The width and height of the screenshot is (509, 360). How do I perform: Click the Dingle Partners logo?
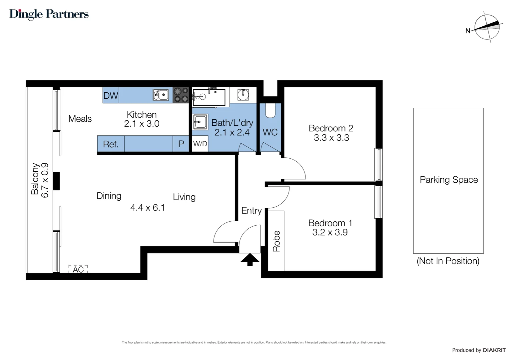click(x=49, y=14)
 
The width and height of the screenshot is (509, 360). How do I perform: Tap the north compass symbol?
click(x=487, y=27)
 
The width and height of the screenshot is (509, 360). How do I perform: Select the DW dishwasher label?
click(x=111, y=96)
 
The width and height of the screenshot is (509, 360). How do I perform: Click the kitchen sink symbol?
click(x=161, y=95)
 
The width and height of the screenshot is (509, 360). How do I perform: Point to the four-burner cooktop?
click(x=181, y=95)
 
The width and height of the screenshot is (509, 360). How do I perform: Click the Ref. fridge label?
click(x=111, y=144)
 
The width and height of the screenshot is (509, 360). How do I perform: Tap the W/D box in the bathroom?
click(x=200, y=144)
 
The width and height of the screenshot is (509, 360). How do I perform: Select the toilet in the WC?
click(x=270, y=111)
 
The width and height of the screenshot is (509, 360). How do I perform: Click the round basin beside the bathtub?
click(x=243, y=95)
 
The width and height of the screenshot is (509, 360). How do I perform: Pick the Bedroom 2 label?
click(x=331, y=128)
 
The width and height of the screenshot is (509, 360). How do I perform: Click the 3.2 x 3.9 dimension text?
click(x=330, y=232)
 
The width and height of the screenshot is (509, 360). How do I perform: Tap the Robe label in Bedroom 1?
click(x=276, y=241)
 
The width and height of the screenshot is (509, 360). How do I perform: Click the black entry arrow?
click(x=250, y=259)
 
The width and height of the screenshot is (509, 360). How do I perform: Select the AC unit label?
click(x=78, y=269)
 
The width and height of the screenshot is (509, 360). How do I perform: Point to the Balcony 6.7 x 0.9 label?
click(x=40, y=180)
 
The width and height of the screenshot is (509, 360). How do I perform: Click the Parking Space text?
click(x=448, y=180)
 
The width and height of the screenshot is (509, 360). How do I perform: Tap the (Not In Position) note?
click(x=448, y=261)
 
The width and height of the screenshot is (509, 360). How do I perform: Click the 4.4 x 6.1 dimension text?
click(x=147, y=208)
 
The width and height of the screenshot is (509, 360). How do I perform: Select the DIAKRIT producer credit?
click(x=494, y=350)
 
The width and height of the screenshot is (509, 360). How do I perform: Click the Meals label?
click(x=80, y=119)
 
